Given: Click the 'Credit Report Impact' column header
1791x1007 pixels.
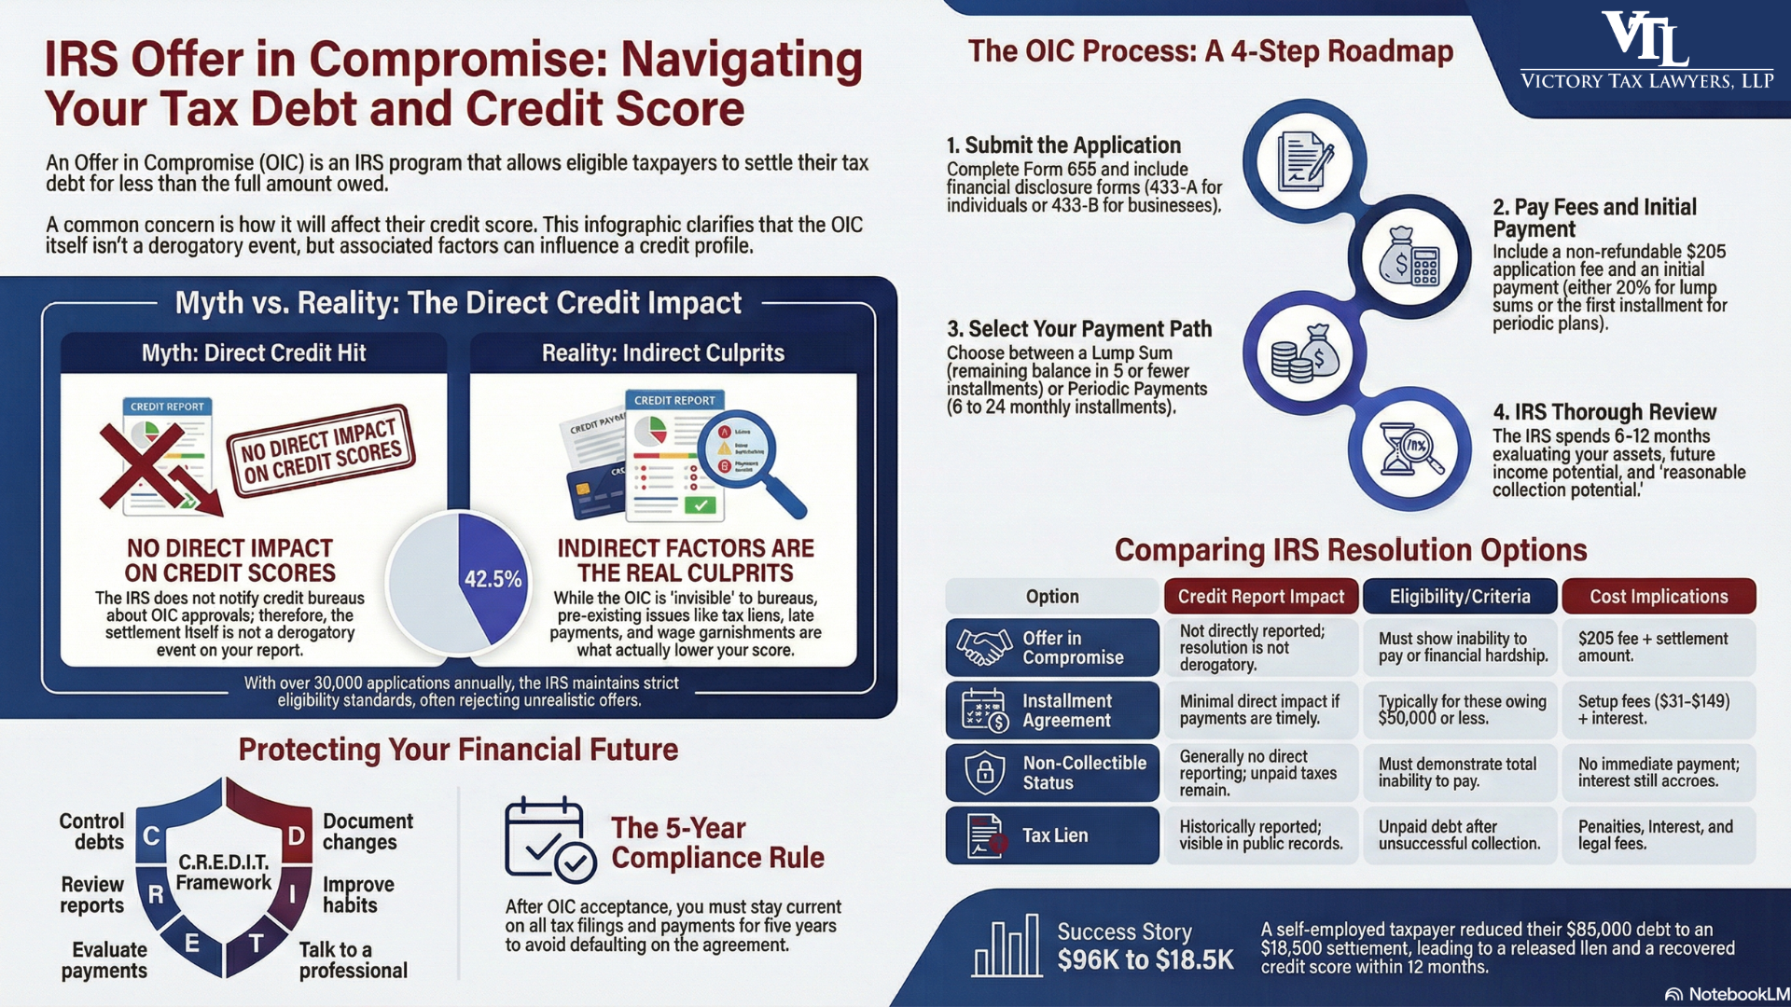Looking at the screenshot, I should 1260,597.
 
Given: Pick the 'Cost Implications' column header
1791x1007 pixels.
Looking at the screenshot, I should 1658,597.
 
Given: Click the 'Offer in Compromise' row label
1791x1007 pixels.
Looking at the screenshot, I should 1052,647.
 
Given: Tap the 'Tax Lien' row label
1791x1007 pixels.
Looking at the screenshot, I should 1052,835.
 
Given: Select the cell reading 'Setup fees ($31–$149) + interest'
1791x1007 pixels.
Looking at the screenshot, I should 1658,710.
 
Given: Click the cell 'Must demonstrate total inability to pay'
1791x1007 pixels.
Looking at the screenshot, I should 1459,772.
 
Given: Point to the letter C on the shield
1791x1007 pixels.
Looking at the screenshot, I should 152,835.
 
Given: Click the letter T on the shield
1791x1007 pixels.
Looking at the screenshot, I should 256,944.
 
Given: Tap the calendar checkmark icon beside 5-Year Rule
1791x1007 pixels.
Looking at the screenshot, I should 548,839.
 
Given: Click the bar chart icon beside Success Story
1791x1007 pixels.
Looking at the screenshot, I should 1006,945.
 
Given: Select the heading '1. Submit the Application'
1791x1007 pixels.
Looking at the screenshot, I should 1063,145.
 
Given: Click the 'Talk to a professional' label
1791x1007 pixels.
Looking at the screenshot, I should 353,960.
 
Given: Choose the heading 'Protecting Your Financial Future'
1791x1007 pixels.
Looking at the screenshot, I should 458,750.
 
